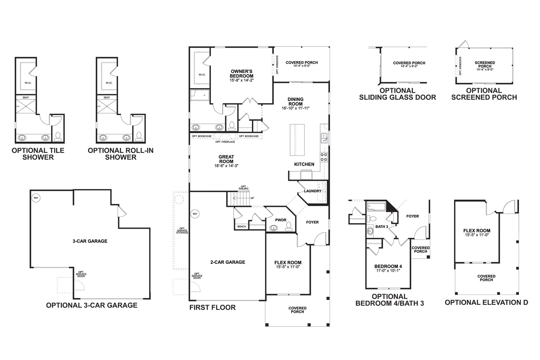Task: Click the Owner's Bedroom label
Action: tap(241, 74)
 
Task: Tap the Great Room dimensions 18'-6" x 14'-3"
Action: tap(226, 166)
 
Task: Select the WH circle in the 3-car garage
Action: tap(36, 198)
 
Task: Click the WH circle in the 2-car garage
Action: tap(195, 214)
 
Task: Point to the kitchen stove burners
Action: tap(324, 157)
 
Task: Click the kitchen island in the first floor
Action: tap(297, 140)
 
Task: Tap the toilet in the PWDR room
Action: tap(289, 226)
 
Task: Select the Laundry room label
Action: tap(313, 191)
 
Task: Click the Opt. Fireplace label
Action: tap(225, 142)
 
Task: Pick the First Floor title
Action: tap(212, 307)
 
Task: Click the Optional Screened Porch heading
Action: tap(484, 94)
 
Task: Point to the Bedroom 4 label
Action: tap(388, 266)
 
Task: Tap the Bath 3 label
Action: tap(382, 227)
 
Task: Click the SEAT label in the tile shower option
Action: tap(26, 97)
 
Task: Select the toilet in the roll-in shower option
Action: tap(139, 137)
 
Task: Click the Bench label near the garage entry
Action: tap(241, 227)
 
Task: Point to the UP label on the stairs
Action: tap(252, 198)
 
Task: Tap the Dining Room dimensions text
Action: tap(295, 108)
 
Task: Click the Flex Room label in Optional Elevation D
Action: tap(477, 231)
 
